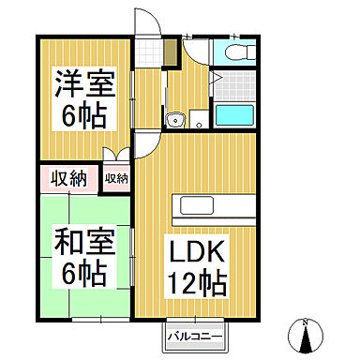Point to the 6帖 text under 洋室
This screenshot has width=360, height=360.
point(84,117)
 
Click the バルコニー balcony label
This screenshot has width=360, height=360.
point(194,335)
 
